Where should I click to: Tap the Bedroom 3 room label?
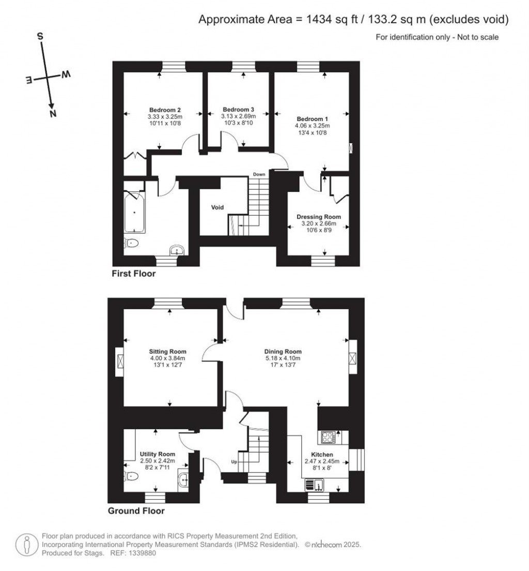coord(238,110)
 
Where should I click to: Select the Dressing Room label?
coord(318,217)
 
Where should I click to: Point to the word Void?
coord(217,207)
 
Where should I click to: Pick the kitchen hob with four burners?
coord(329,438)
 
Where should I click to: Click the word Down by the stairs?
coord(259,174)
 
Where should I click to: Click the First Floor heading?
coord(133,274)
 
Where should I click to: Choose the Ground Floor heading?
coord(136,511)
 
